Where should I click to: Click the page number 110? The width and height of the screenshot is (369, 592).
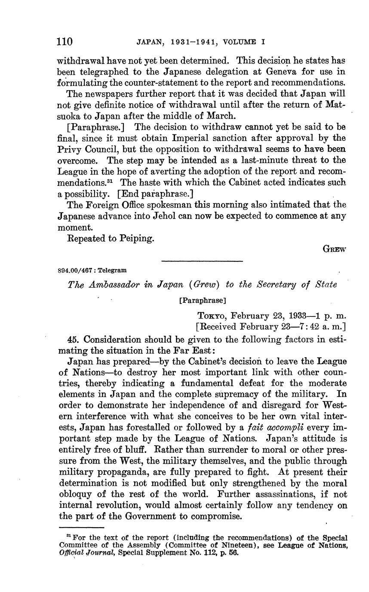[x=65, y=42]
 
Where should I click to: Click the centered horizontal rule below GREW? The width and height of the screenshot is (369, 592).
[x=202, y=261]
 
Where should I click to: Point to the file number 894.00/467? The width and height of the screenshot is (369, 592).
[x=76, y=270]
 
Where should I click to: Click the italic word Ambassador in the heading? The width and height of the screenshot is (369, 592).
[x=111, y=285]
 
